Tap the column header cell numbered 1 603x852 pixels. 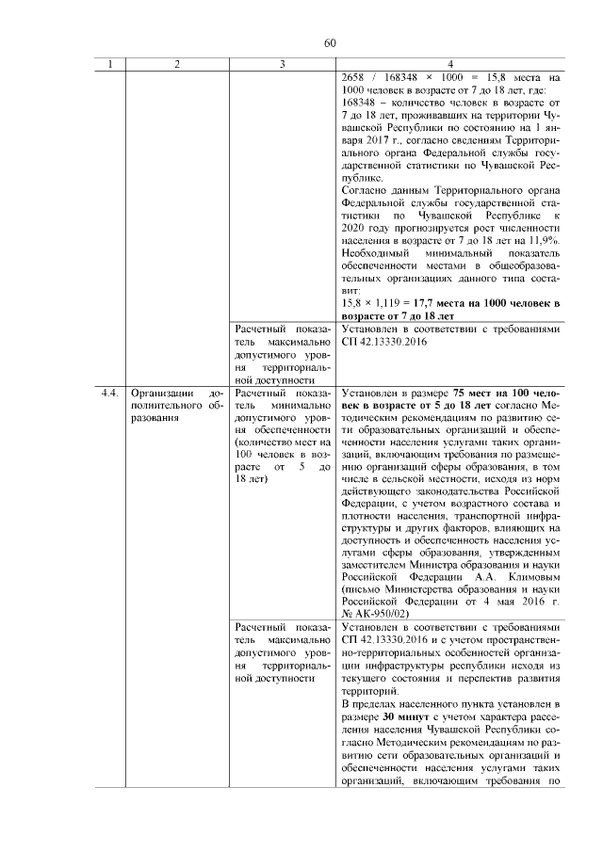[x=110, y=63]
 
